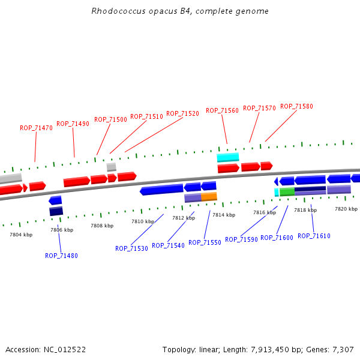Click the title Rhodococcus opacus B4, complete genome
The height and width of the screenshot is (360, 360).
tap(180, 11)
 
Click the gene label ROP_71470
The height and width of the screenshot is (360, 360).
tap(36, 128)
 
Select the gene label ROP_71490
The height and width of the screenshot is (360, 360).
tap(73, 124)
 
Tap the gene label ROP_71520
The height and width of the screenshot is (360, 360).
tap(182, 113)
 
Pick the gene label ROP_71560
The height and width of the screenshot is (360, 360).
tap(222, 110)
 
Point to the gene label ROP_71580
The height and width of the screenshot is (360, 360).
tap(296, 106)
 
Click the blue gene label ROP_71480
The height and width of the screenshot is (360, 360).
tap(61, 256)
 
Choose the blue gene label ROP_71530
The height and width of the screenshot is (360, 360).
tap(131, 248)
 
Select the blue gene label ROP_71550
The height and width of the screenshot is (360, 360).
tap(205, 242)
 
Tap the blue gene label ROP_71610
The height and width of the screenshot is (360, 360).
tap(314, 236)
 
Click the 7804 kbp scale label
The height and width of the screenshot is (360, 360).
tap(21, 235)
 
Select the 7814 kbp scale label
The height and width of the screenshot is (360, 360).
tap(223, 215)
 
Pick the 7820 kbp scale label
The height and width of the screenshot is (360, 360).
tap(346, 209)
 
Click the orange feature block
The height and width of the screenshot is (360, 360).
tap(209, 196)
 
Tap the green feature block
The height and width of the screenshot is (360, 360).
tap(287, 192)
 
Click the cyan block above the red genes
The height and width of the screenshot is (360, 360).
tap(227, 157)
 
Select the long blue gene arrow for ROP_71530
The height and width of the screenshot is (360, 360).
tap(161, 190)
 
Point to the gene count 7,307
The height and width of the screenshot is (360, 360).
tap(342, 349)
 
